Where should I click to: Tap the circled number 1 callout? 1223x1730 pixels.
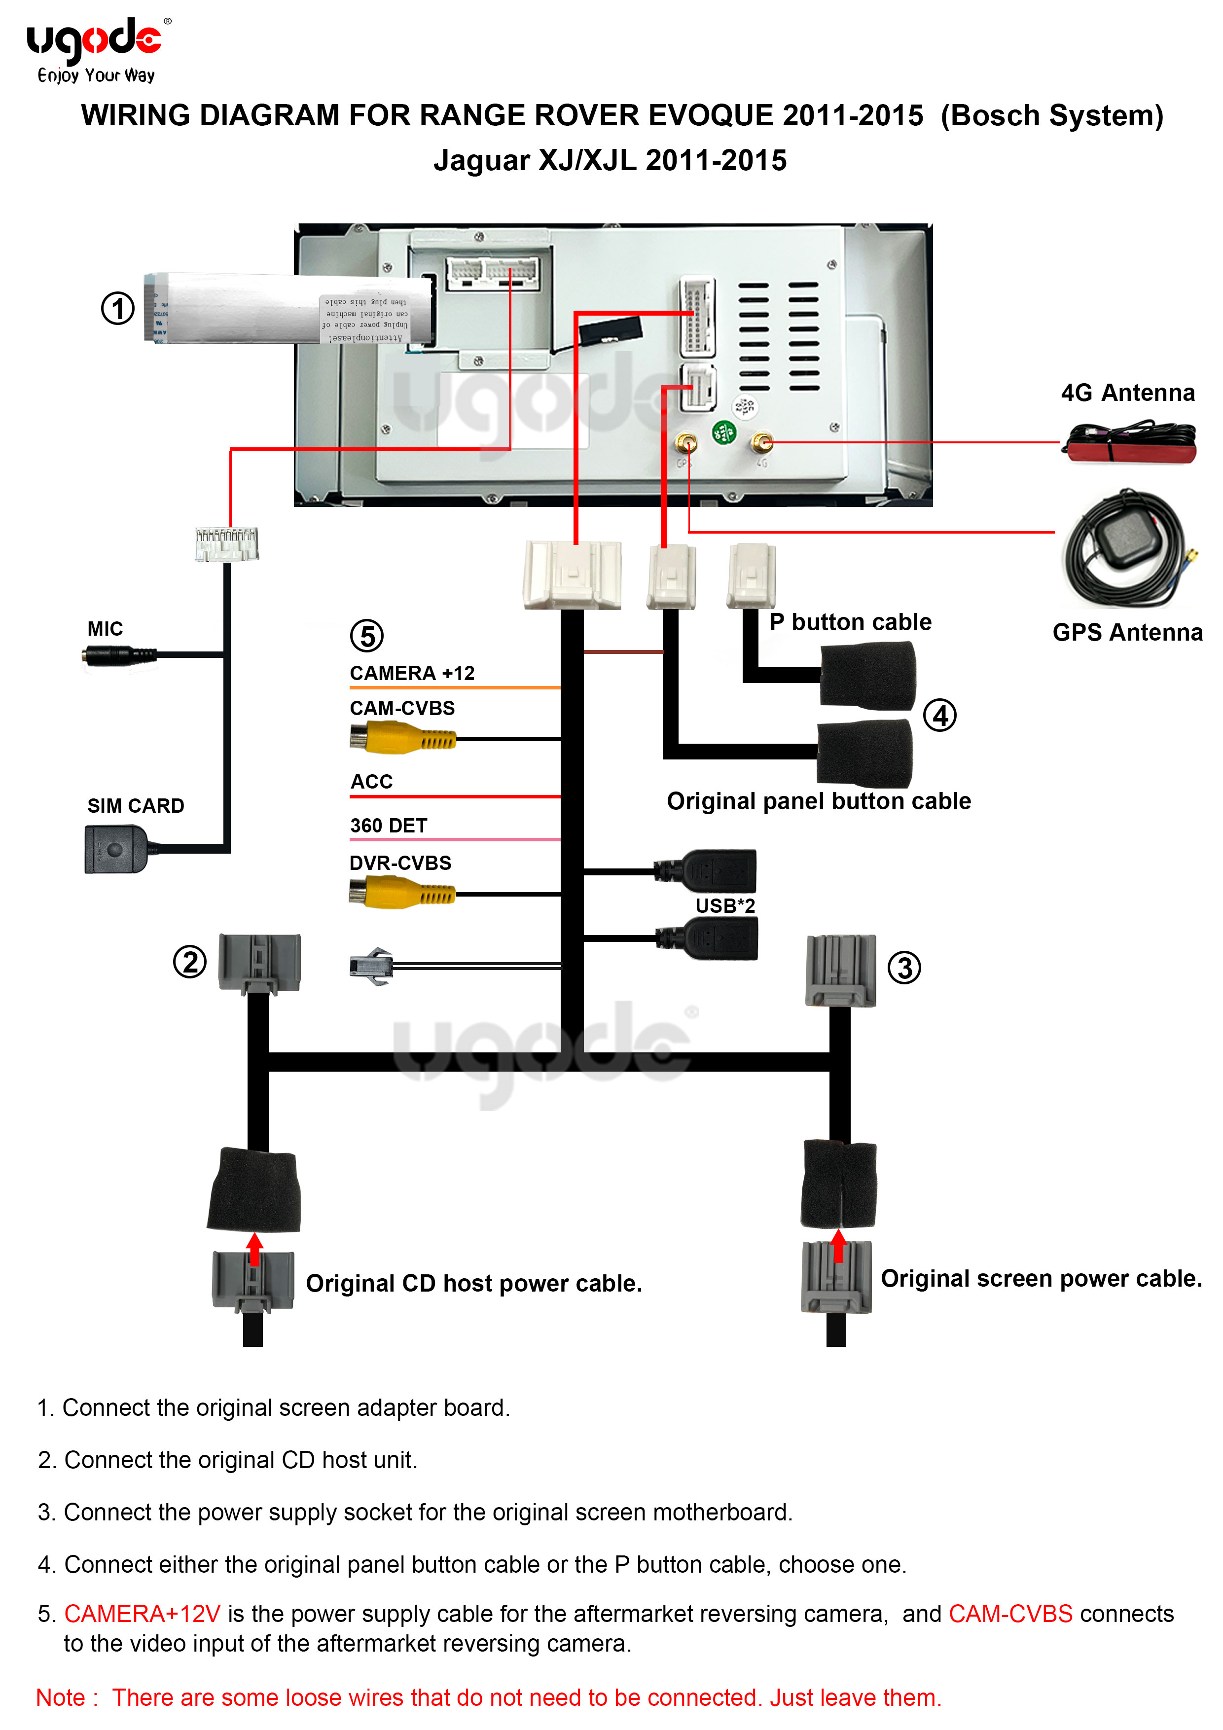pos(117,308)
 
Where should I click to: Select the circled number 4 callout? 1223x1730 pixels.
pos(939,715)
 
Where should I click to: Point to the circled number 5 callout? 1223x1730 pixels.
pos(367,636)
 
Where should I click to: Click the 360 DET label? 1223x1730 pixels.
pos(389,826)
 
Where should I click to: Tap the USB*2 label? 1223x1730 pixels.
pos(725,906)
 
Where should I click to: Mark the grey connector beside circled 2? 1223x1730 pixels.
pos(259,963)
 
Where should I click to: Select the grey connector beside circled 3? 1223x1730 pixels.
pos(840,971)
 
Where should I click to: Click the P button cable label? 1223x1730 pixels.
pos(850,622)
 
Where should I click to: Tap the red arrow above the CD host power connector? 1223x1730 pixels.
pos(254,1249)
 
